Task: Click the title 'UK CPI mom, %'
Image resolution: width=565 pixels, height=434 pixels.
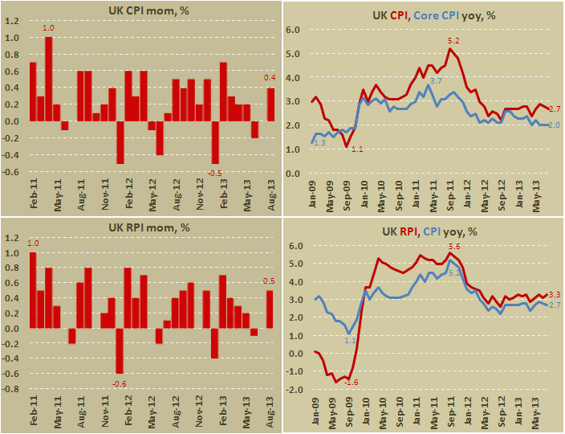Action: (140, 11)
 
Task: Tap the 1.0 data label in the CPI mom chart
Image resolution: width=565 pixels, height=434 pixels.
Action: (48, 29)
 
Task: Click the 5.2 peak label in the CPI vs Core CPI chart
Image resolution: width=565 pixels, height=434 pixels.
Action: (453, 40)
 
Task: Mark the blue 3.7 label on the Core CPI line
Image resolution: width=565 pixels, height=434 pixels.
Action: (434, 81)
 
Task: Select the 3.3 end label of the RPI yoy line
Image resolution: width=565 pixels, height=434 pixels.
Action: (554, 296)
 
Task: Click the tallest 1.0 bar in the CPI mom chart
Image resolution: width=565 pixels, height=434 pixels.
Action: (48, 79)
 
